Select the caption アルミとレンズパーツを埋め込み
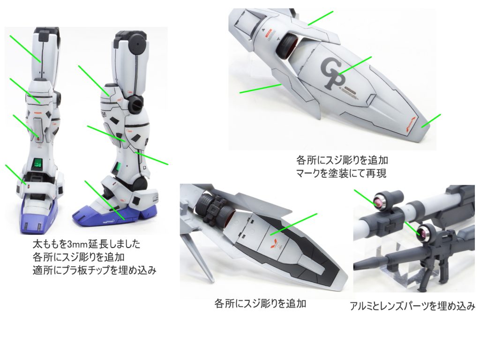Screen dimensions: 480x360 [412, 306]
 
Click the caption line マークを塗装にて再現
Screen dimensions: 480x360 [341, 173]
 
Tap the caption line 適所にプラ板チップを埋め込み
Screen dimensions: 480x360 [94, 270]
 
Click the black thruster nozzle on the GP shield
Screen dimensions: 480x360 [287, 46]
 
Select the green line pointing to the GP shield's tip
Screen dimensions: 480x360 [431, 120]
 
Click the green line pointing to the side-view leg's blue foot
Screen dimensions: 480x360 [105, 200]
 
